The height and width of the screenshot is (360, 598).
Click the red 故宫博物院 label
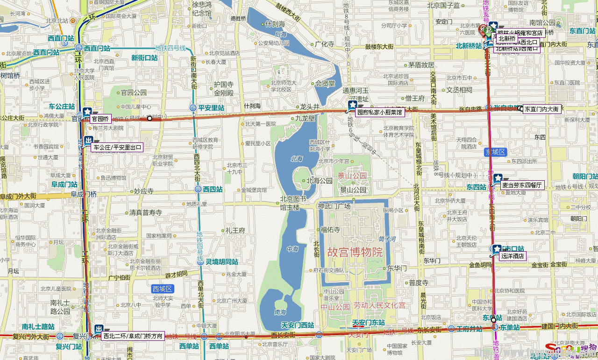[x=355, y=253]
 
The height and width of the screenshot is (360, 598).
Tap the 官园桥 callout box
[x=100, y=119]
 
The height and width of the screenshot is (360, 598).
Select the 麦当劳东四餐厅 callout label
[x=522, y=185]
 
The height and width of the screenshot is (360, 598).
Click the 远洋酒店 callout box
[x=513, y=256]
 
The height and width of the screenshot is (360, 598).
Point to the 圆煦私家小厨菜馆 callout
[x=379, y=112]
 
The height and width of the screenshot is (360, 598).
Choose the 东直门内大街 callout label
[x=541, y=109]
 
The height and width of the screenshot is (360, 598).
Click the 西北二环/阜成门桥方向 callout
[x=133, y=336]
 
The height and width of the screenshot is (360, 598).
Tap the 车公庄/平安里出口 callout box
[x=117, y=148]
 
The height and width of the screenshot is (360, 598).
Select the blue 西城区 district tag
[x=163, y=289]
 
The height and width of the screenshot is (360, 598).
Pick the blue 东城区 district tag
[x=496, y=152]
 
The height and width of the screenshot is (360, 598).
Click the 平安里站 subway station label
[x=211, y=108]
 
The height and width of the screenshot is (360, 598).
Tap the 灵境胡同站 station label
[x=222, y=262]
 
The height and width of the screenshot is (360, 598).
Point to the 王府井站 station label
[x=469, y=329]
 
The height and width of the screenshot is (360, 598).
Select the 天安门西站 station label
[x=298, y=325]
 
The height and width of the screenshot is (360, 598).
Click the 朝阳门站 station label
[x=585, y=176]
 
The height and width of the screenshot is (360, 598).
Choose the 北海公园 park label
[x=319, y=181]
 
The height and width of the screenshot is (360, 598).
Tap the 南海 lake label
[x=280, y=312]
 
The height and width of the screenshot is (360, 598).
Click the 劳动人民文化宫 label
[x=379, y=305]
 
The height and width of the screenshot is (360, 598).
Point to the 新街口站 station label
[x=144, y=58]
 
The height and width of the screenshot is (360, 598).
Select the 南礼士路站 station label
[x=38, y=326]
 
